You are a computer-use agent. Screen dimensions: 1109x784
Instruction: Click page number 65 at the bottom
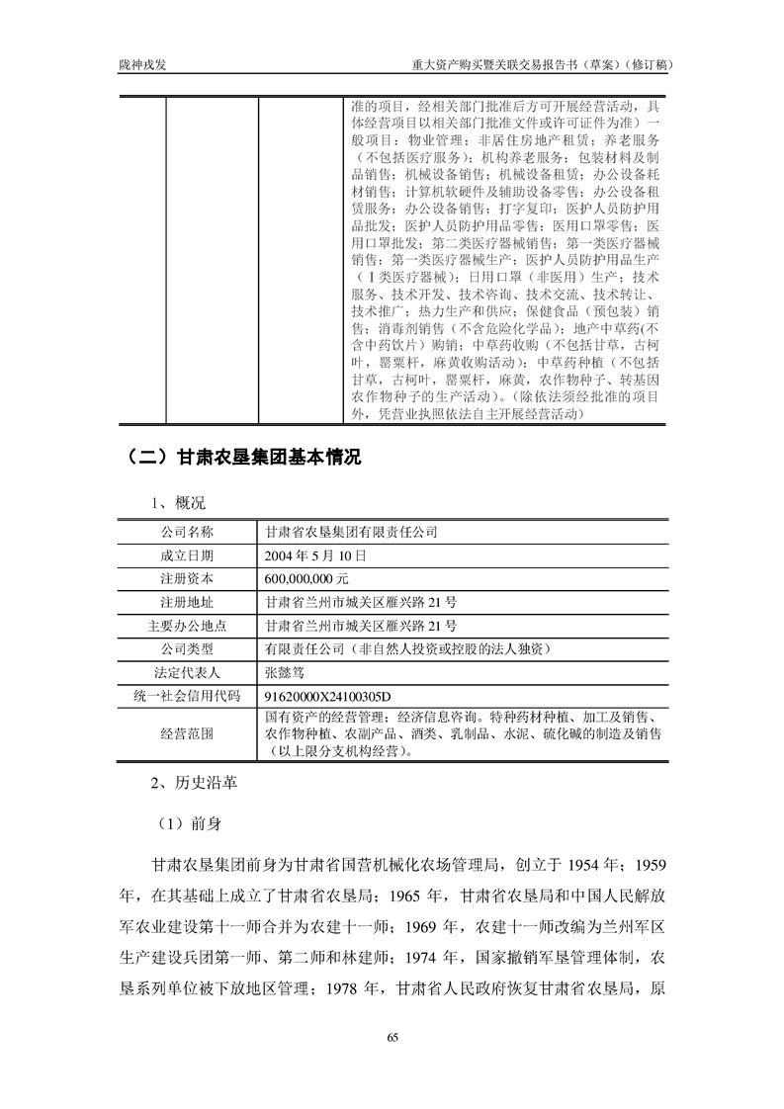[392, 1037]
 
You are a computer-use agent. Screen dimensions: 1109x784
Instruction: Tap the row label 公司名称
[187, 531]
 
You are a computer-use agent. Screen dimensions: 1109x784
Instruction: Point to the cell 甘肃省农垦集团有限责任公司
[351, 531]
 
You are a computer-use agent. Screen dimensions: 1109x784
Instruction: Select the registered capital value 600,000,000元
[313, 577]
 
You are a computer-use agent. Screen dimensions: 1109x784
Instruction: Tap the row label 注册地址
[187, 601]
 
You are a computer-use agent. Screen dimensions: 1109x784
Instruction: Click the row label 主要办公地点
[187, 625]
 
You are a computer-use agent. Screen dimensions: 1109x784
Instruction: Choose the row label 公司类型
[187, 648]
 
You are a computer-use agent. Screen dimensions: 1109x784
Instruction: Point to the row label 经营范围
[187, 733]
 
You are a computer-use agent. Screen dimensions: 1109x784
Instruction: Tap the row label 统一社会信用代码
[187, 696]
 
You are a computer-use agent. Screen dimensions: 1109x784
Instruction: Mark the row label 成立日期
[187, 554]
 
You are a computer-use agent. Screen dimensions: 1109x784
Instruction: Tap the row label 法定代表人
[187, 672]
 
